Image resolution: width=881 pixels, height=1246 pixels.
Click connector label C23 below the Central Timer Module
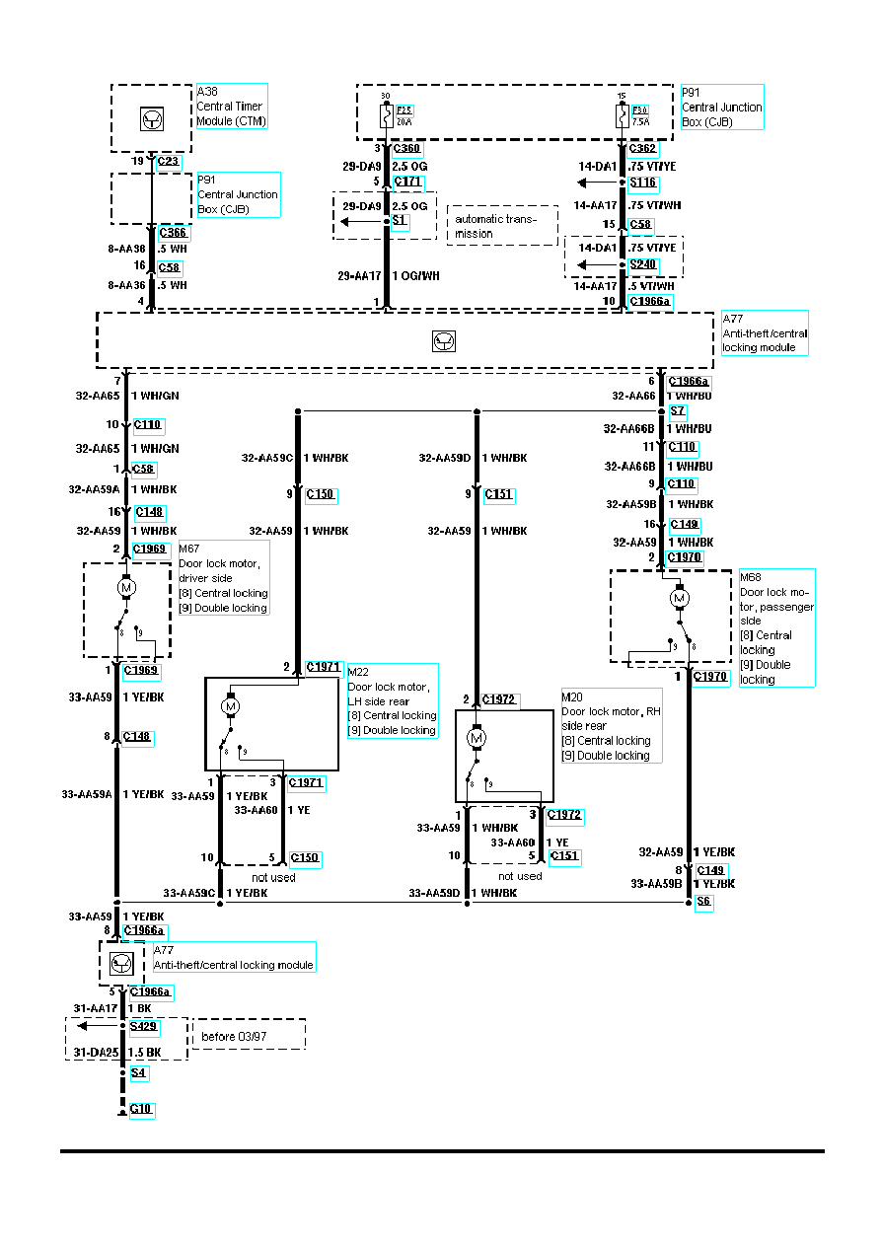click(170, 162)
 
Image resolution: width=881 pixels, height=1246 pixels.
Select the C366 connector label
click(174, 233)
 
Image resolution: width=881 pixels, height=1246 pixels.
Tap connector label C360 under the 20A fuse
click(405, 150)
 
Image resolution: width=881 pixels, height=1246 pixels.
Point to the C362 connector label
click(642, 150)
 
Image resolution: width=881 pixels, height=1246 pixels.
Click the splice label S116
click(643, 183)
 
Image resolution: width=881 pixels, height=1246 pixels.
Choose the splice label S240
click(643, 265)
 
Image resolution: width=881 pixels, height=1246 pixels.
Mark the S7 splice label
click(678, 410)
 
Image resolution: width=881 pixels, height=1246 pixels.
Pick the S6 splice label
click(703, 902)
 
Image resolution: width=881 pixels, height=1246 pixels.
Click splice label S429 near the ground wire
click(144, 1027)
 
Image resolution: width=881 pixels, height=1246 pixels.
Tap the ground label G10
click(142, 1110)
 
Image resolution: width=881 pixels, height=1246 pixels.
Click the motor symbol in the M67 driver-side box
click(126, 588)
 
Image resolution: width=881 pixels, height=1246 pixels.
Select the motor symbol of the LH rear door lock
click(231, 706)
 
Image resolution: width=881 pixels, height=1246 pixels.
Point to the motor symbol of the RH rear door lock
click(477, 738)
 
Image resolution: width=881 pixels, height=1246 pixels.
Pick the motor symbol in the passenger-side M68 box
click(679, 597)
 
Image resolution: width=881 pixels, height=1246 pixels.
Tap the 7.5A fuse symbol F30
click(622, 116)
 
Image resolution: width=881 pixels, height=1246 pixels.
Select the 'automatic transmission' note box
click(501, 226)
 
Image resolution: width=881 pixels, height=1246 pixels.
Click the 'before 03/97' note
click(248, 1035)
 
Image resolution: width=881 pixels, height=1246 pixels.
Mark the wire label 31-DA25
click(96, 1053)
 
